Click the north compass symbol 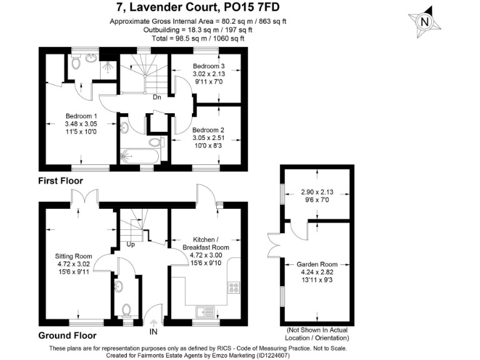[x=425, y=21]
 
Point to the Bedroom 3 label [x=208, y=66]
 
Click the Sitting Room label [x=74, y=256]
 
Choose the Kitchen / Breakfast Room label [x=206, y=244]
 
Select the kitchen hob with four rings [x=235, y=288]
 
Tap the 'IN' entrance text [x=154, y=333]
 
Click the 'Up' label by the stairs [x=131, y=244]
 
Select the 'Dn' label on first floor [x=157, y=97]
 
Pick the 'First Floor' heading [x=61, y=181]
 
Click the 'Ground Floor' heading [x=67, y=335]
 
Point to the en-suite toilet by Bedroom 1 [x=76, y=62]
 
